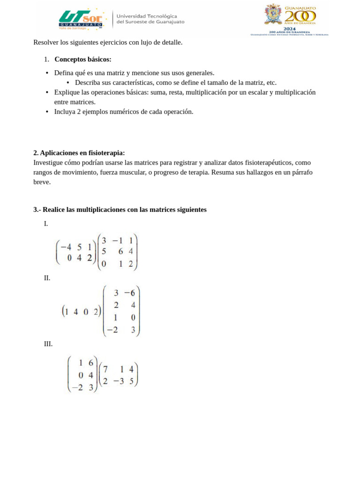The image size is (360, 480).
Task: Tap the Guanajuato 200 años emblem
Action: point(290,20)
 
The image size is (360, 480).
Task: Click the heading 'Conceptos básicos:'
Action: point(83,60)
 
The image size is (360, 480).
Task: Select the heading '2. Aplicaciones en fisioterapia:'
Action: point(79,153)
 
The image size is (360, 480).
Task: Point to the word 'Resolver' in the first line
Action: point(46,43)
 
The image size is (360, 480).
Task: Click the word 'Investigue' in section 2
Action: point(49,163)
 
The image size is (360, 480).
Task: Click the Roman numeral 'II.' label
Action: point(47,278)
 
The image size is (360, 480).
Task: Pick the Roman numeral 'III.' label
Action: point(48,344)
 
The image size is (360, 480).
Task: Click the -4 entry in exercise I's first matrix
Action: point(66,247)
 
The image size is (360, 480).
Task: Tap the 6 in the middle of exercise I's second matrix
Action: point(121,251)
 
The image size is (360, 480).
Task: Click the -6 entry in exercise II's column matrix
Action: point(129,293)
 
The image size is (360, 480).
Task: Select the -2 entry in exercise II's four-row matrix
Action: point(112,330)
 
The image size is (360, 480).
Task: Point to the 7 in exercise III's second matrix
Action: point(105,369)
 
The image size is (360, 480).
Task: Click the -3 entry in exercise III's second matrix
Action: point(119,381)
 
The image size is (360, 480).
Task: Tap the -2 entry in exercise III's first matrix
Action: point(77,387)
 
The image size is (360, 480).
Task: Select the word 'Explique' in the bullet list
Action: point(67,92)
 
